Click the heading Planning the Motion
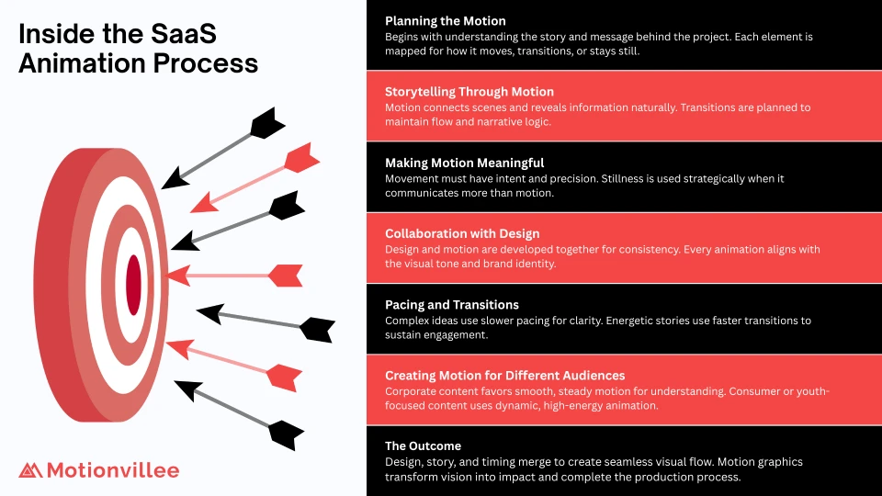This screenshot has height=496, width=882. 445,21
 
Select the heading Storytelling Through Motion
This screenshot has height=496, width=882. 469,92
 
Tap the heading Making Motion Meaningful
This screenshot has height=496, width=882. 464,163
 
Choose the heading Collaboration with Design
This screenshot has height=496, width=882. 462,234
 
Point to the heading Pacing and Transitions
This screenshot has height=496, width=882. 452,305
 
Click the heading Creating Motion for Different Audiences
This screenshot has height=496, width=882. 504,375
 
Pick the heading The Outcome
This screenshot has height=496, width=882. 423,446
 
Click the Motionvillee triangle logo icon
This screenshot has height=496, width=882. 30,470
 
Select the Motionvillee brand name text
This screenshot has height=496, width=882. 113,470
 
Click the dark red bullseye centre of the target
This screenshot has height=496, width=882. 133,285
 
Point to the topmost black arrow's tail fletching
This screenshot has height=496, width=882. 267,122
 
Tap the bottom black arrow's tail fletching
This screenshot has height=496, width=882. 287,434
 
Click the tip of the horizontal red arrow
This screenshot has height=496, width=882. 168,276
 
